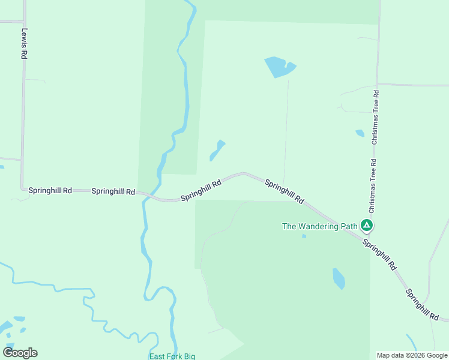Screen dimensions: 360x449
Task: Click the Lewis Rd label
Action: (24, 43)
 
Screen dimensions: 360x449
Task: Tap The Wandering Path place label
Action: (320, 226)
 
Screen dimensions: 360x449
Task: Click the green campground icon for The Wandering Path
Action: (367, 226)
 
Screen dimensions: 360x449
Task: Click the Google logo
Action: (20, 353)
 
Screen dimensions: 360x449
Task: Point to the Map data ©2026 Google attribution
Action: (412, 355)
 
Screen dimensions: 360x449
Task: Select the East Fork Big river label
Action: (172, 356)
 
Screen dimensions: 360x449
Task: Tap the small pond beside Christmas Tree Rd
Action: (360, 133)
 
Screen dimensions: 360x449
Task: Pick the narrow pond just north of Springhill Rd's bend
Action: (217, 151)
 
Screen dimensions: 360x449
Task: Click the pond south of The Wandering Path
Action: (339, 278)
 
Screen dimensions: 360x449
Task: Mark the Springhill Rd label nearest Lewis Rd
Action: (50, 190)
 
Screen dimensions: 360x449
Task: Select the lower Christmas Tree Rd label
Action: (372, 186)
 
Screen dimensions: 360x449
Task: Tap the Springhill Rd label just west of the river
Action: (113, 191)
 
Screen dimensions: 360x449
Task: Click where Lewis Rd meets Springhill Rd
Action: (23, 189)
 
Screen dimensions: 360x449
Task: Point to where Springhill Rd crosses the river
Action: (146, 195)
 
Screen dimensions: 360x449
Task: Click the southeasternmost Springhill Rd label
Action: (423, 305)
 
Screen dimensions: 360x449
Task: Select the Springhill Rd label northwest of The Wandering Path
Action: (285, 191)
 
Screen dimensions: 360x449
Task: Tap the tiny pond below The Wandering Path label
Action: (304, 236)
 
